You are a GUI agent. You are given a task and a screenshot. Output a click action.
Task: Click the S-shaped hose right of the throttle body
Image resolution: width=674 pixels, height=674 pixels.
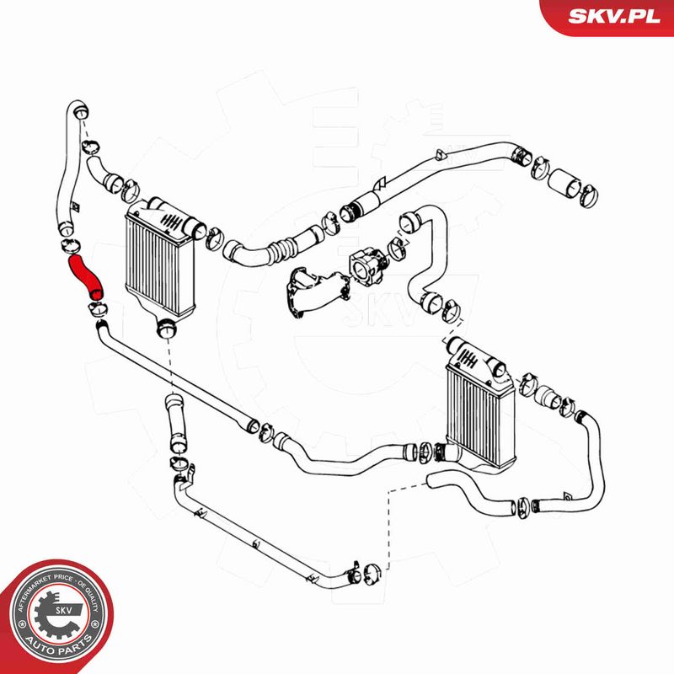click(x=425, y=253)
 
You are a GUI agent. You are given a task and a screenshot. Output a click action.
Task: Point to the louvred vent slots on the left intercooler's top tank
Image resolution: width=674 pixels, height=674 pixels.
click(x=171, y=222)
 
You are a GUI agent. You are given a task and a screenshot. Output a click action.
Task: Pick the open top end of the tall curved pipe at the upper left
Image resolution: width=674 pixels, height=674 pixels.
click(x=75, y=110)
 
